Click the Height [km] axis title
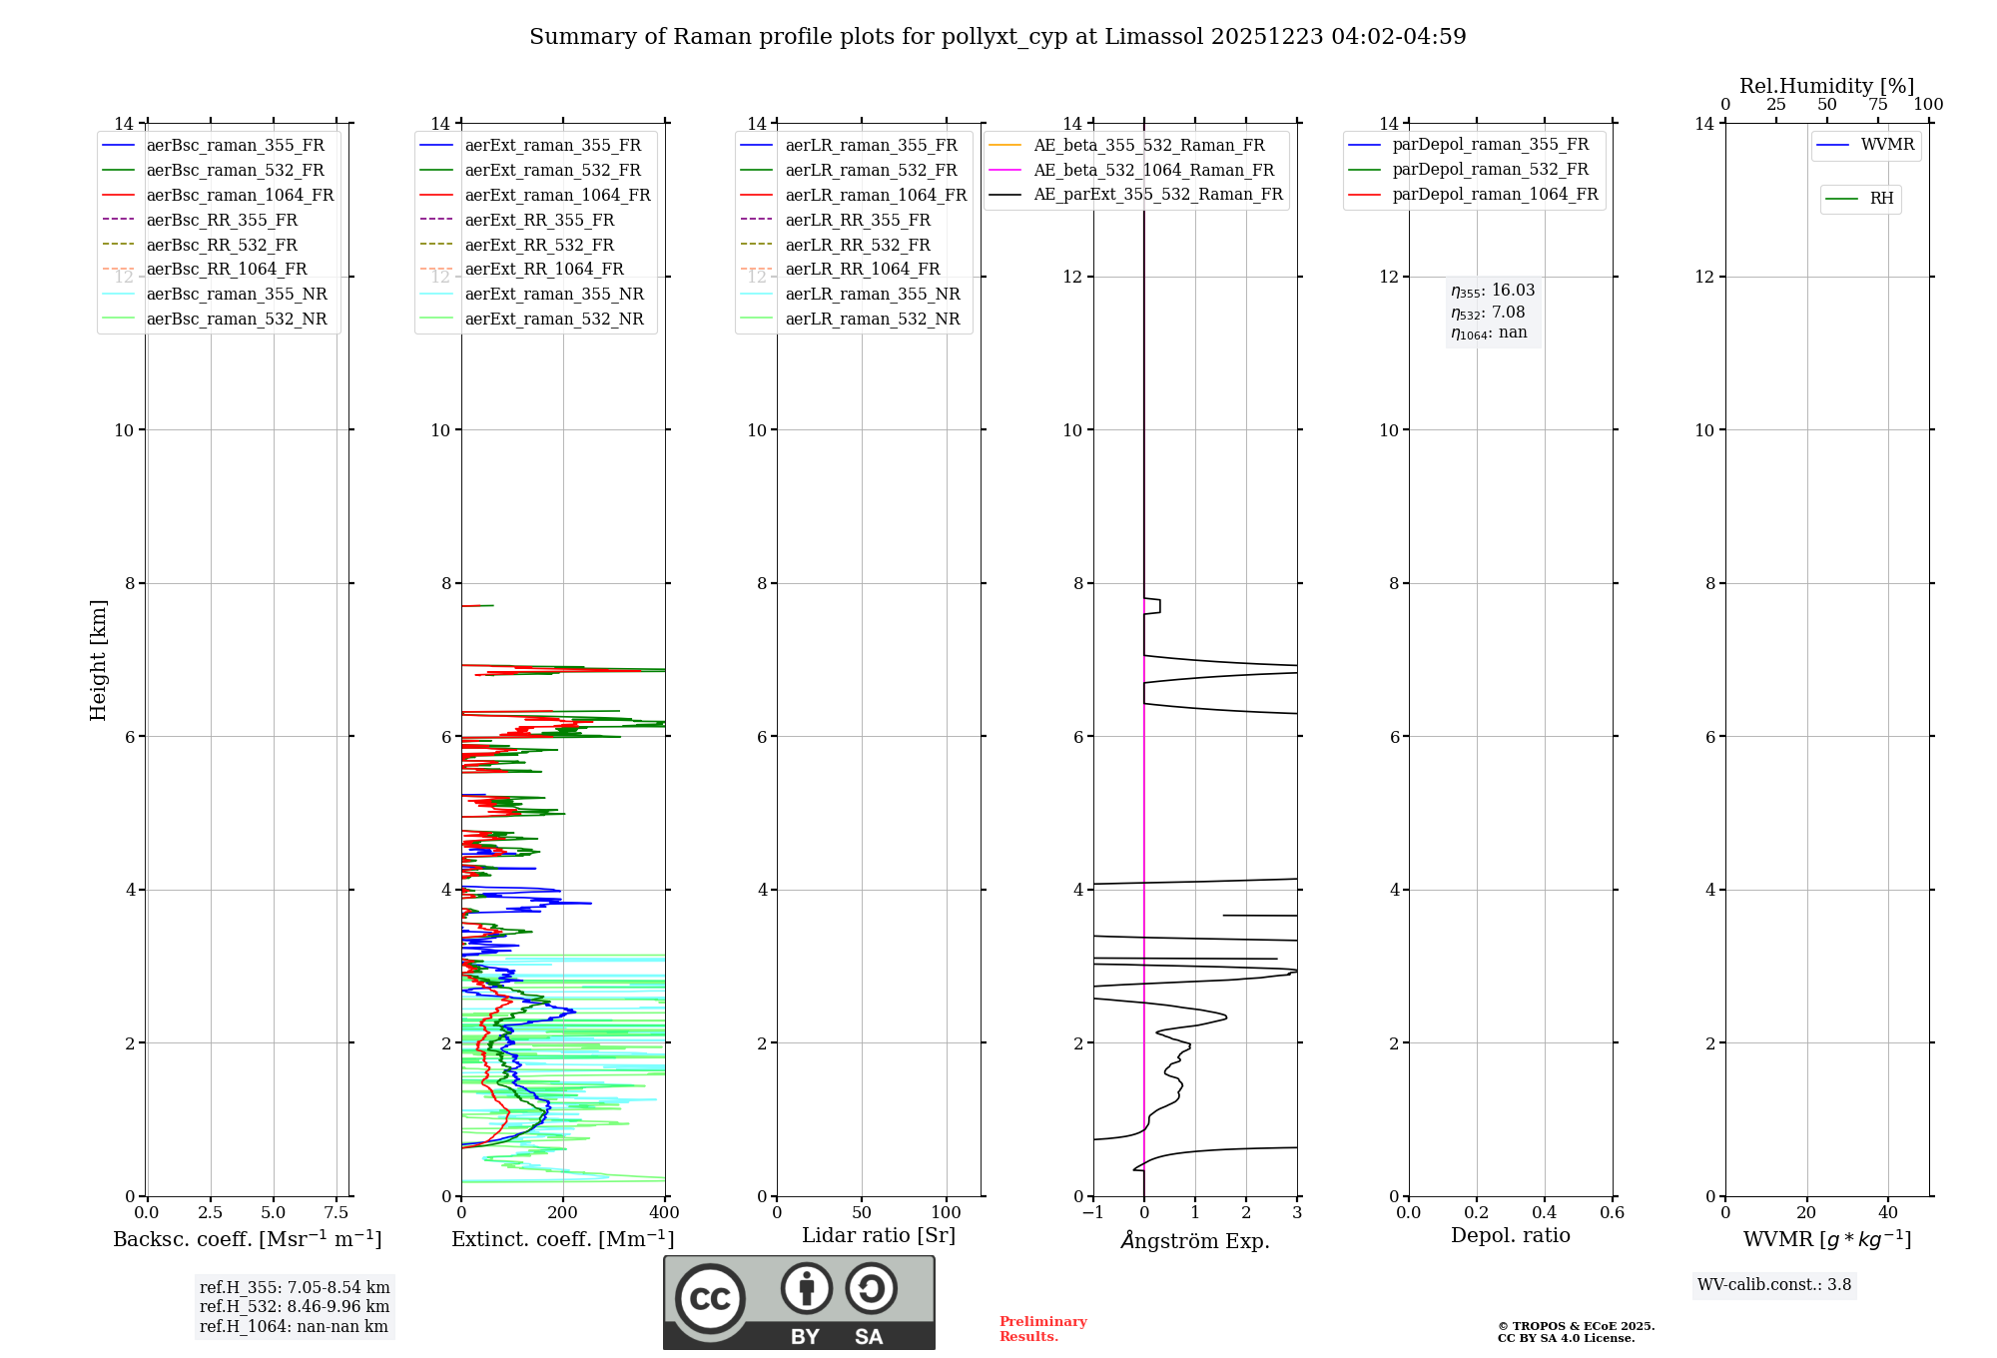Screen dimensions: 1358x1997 pyautogui.click(x=98, y=660)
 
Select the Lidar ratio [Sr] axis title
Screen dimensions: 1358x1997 pyautogui.click(x=879, y=1235)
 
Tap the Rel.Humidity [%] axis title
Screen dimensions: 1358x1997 pyautogui.click(x=1826, y=86)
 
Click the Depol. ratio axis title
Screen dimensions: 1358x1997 pyautogui.click(x=1510, y=1235)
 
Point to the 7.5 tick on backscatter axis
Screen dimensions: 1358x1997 pyautogui.click(x=336, y=1213)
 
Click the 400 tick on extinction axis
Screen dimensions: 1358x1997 pyautogui.click(x=664, y=1213)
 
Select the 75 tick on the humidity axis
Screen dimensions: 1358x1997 pyautogui.click(x=1877, y=105)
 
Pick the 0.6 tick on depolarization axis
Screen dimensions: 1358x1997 pyautogui.click(x=1612, y=1213)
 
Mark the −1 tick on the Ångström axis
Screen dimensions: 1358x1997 pyautogui.click(x=1093, y=1213)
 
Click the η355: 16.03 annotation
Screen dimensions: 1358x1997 pyautogui.click(x=1493, y=291)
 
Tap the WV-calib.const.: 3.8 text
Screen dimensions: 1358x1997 pyautogui.click(x=1774, y=1285)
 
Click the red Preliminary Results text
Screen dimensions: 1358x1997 pyautogui.click(x=1042, y=1329)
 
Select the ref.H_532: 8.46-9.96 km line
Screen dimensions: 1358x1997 pyautogui.click(x=295, y=1307)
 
